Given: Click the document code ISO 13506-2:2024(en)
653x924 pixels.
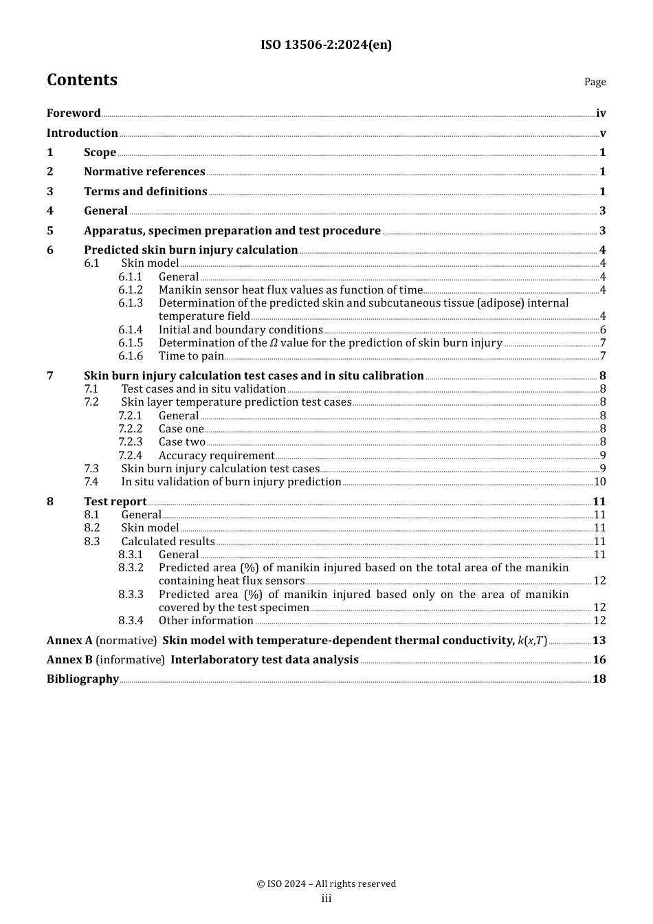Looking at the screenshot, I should tap(326, 45).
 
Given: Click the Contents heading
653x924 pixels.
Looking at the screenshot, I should tap(82, 80).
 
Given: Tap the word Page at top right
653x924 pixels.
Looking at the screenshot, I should tap(595, 82).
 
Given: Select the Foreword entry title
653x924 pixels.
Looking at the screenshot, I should tap(74, 113).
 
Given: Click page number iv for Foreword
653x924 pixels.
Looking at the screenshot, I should tap(601, 113).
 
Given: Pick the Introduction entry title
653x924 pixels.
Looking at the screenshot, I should tap(82, 133).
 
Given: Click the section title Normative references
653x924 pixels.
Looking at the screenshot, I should tap(144, 172).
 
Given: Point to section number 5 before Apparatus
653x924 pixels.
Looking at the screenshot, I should tap(50, 231).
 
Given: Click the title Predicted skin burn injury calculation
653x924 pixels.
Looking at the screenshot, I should tap(191, 250).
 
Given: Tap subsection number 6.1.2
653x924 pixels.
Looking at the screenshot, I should tap(131, 290).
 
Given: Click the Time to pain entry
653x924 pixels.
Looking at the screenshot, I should tap(191, 356).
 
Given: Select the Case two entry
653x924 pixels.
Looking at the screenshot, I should tap(182, 442).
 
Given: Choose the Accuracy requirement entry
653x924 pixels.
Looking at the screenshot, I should tap(217, 456).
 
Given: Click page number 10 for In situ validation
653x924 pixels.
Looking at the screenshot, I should tap(599, 482).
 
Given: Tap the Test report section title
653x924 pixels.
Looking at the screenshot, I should tap(115, 502).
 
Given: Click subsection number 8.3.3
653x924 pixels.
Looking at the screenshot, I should tap(131, 595).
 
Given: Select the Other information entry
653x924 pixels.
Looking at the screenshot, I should tap(206, 621).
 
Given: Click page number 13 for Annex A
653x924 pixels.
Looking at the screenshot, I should tap(599, 641).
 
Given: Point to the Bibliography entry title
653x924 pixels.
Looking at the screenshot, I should tap(83, 679).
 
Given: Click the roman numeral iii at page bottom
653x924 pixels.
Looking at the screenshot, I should tap(326, 899).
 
